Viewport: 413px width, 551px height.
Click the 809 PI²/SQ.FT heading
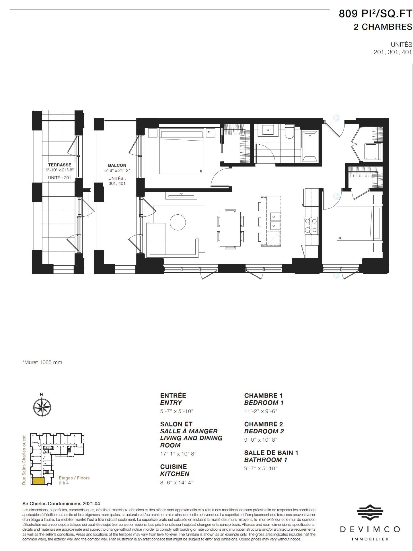[375, 13]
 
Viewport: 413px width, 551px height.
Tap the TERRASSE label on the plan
[59, 165]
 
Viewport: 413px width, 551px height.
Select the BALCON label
[117, 165]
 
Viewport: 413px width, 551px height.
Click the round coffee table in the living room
[178, 222]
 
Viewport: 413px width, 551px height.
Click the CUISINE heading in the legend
[173, 467]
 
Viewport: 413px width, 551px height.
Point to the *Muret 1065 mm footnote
[42, 362]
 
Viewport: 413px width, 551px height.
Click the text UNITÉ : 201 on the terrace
[59, 178]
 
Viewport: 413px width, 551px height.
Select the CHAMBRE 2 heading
[263, 424]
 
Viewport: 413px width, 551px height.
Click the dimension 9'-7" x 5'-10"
[261, 468]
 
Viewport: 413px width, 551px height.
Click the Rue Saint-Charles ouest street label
[24, 459]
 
